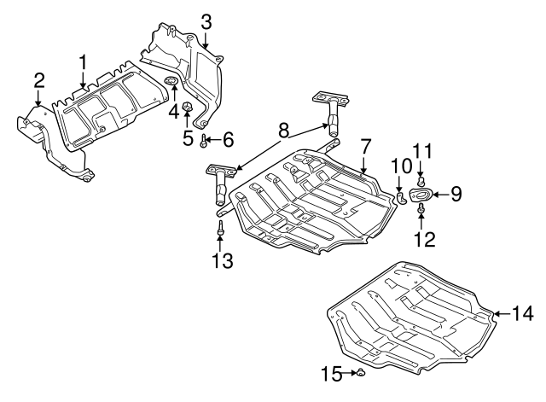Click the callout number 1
pyautogui.click(x=84, y=61)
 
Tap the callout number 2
pyautogui.click(x=39, y=81)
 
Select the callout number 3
pyautogui.click(x=206, y=20)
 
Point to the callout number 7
pyautogui.click(x=364, y=148)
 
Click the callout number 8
pyautogui.click(x=282, y=131)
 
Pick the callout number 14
pyautogui.click(x=522, y=313)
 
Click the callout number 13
pyautogui.click(x=222, y=259)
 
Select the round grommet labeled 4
pyautogui.click(x=171, y=83)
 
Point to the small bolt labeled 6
pyautogui.click(x=205, y=138)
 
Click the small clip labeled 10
pyautogui.click(x=398, y=196)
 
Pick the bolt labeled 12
pyautogui.click(x=421, y=207)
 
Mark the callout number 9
pyautogui.click(x=456, y=194)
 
